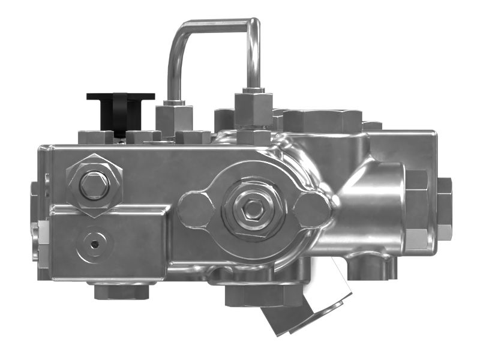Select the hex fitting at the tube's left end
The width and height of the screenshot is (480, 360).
coord(173,118)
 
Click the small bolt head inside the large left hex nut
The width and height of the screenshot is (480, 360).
coord(94,185)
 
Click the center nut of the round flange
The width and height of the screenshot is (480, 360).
coord(253,209)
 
